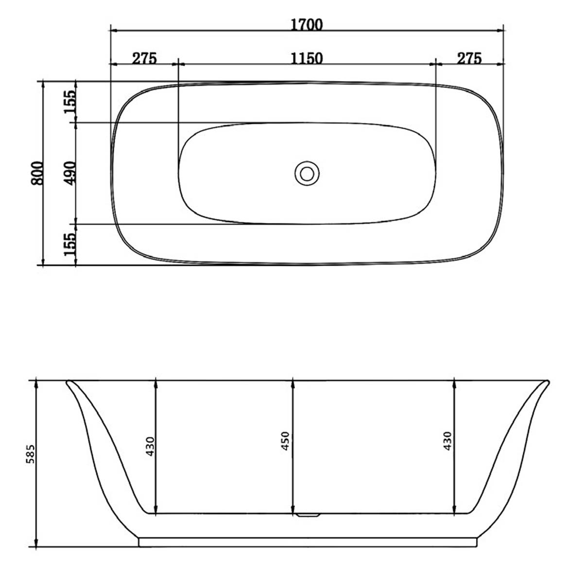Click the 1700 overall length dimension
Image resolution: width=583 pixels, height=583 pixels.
click(307, 25)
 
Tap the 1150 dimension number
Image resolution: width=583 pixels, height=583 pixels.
click(307, 58)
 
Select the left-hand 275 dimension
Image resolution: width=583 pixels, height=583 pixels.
click(144, 58)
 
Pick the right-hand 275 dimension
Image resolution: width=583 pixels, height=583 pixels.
click(469, 58)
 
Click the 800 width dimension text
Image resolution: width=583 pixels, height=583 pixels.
click(37, 173)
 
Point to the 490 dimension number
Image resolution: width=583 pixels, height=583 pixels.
click(70, 173)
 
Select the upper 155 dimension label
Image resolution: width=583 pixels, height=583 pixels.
click(70, 102)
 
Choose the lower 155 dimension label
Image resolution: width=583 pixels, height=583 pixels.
click(70, 244)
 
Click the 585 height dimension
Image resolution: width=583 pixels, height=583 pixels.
click(31, 454)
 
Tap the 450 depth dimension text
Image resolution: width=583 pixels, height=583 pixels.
click(286, 441)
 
